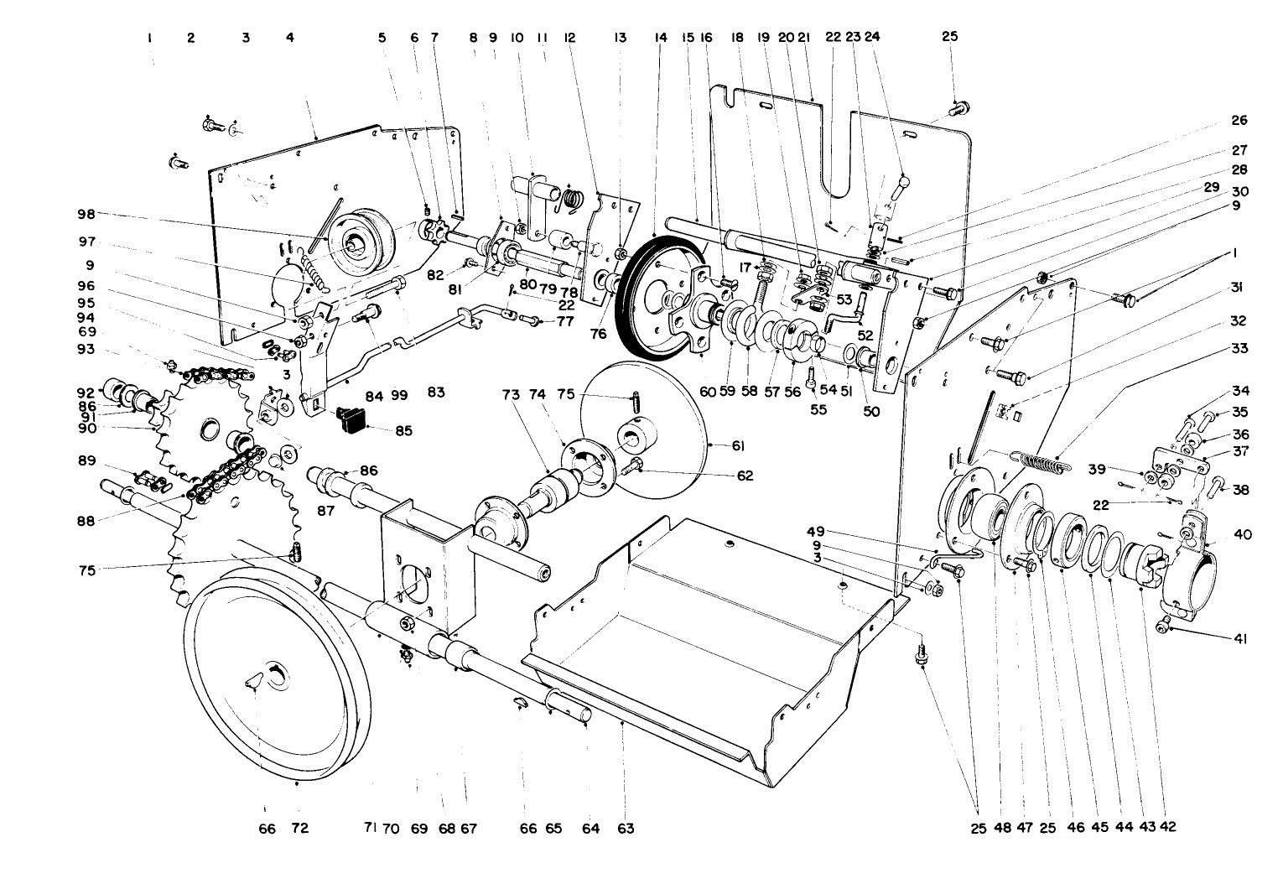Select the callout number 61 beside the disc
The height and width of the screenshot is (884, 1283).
(x=738, y=445)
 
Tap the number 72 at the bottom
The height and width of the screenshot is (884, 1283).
(x=299, y=829)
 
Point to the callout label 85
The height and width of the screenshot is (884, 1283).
(x=404, y=431)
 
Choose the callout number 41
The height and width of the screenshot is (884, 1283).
(x=1240, y=639)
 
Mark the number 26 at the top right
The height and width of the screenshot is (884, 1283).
(x=1239, y=120)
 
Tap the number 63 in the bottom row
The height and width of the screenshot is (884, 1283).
(x=625, y=829)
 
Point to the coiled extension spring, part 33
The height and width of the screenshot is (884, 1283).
(x=1037, y=460)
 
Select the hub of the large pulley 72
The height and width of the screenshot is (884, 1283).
(x=273, y=675)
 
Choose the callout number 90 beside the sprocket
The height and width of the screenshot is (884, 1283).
(x=86, y=428)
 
